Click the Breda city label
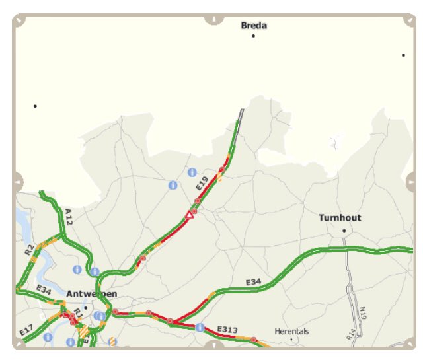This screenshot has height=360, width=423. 254,26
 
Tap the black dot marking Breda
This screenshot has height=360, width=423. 253,36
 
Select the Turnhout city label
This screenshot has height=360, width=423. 340,217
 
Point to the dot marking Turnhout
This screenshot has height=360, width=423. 344,231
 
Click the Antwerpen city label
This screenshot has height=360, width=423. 92,293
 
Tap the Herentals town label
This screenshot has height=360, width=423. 291,331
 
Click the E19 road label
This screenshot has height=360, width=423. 202,184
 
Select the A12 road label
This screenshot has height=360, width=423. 69,217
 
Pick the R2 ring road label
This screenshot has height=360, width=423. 29,250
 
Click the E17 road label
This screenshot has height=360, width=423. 26,329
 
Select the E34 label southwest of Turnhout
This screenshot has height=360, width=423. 254,282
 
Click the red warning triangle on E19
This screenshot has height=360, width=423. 190,215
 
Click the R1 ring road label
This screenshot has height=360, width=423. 78,311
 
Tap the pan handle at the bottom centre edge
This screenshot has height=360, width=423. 213,345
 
